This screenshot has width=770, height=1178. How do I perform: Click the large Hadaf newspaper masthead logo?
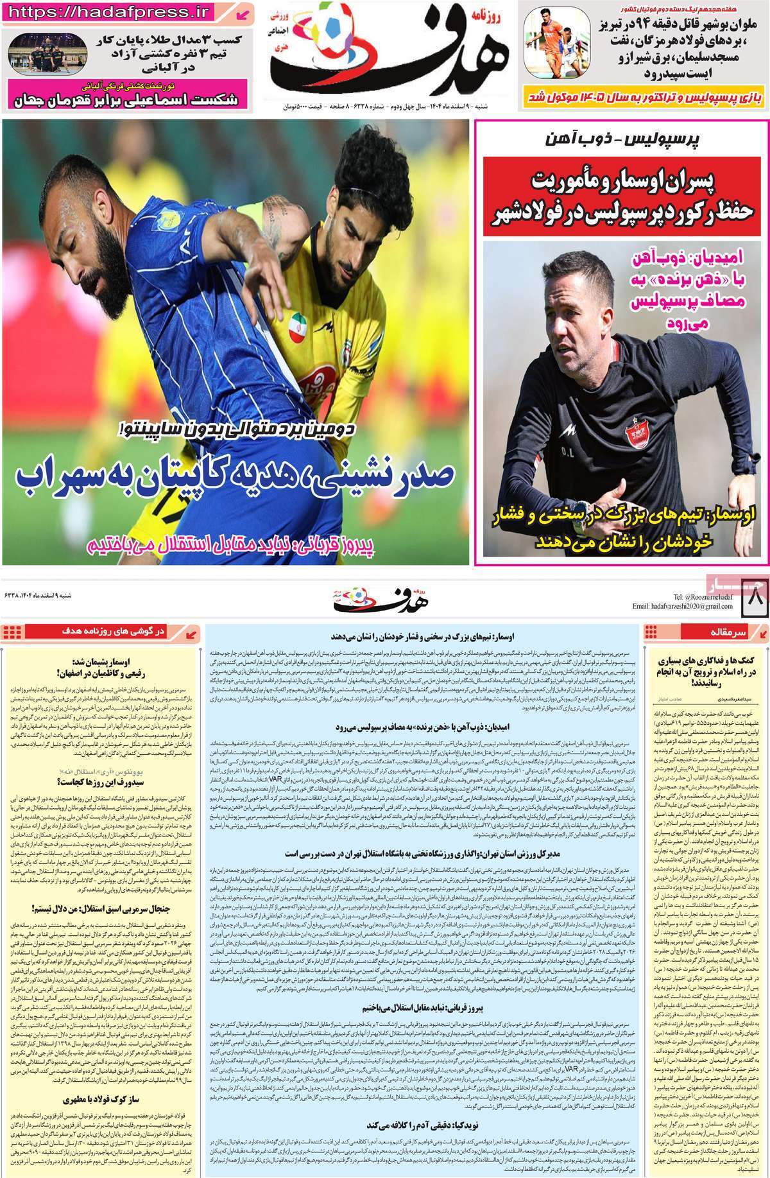click(x=388, y=55)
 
